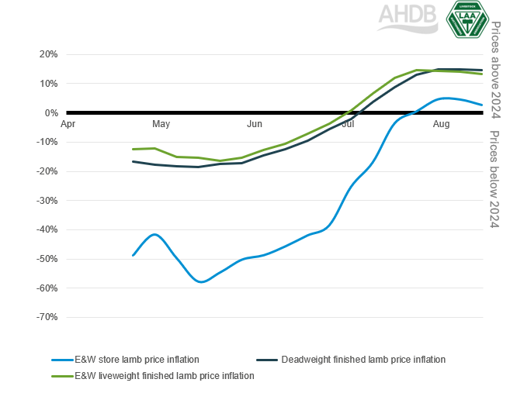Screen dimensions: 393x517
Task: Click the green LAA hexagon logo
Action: [x=468, y=19]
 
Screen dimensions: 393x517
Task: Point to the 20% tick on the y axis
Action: [x=47, y=54]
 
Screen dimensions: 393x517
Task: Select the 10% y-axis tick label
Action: [x=47, y=84]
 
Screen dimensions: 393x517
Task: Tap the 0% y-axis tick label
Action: [x=50, y=113]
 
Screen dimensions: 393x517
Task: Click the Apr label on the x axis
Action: [x=68, y=124]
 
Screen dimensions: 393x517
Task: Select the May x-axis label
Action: [x=161, y=124]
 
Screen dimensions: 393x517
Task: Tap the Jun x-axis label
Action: [x=255, y=124]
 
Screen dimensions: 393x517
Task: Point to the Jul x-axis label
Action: [x=348, y=124]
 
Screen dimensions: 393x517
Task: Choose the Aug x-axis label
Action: [x=441, y=124]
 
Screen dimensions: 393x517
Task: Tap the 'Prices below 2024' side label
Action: [x=496, y=174]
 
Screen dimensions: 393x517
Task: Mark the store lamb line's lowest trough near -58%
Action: [x=201, y=281]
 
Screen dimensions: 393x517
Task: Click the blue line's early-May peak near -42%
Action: [x=156, y=234]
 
